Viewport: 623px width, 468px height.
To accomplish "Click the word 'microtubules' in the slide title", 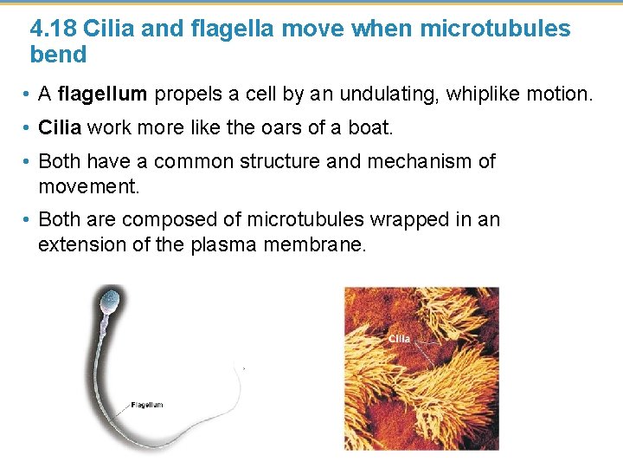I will click(495, 29).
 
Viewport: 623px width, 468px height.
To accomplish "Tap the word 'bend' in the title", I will click(58, 55).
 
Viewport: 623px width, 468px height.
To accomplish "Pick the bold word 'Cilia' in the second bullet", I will click(60, 128).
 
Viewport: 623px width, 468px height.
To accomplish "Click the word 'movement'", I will click(88, 186).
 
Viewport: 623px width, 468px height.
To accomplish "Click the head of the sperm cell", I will click(110, 302).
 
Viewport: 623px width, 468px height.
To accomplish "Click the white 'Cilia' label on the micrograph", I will click(399, 339).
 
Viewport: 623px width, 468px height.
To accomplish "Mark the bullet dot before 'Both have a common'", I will click(29, 162).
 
